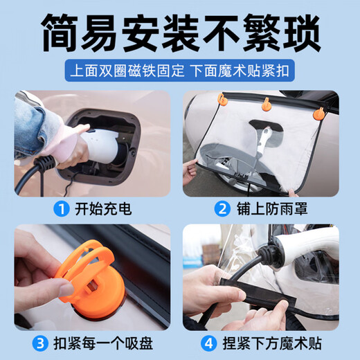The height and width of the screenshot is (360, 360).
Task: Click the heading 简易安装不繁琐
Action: pyautogui.click(x=180, y=31)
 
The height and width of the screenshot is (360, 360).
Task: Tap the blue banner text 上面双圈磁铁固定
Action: pyautogui.click(x=125, y=71)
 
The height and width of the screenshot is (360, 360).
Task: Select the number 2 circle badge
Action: pyautogui.click(x=222, y=207)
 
